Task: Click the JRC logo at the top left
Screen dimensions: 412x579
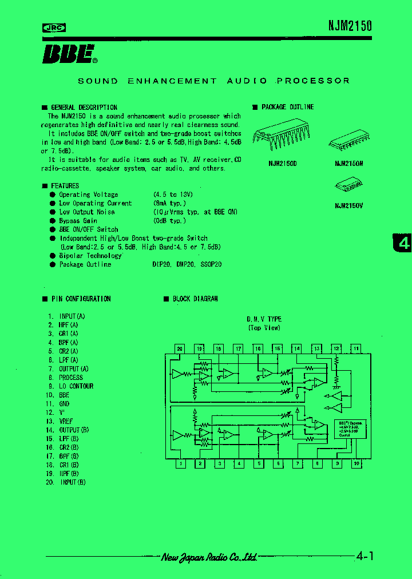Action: tap(54, 27)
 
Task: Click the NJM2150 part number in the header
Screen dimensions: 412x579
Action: tap(350, 26)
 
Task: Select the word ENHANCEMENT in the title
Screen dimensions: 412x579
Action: tap(172, 81)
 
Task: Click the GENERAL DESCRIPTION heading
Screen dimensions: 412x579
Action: tap(84, 107)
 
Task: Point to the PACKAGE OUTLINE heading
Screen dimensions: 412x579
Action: tap(287, 107)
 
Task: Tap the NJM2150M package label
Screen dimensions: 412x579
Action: tap(349, 163)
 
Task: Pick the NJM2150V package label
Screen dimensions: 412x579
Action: tap(349, 205)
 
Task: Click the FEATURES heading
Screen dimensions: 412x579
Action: tap(65, 186)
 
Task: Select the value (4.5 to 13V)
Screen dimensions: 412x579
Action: tap(172, 195)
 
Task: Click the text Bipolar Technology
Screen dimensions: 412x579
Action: tap(90, 256)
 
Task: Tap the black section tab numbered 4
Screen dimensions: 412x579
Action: tap(403, 243)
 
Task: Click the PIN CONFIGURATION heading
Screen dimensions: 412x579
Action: tap(81, 299)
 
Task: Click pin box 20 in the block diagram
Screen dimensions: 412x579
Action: tap(180, 348)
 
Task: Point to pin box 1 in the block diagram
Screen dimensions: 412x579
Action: tap(180, 464)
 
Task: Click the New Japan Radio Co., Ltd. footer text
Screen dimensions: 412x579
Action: tap(209, 557)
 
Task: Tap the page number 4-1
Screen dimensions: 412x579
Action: tap(365, 556)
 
